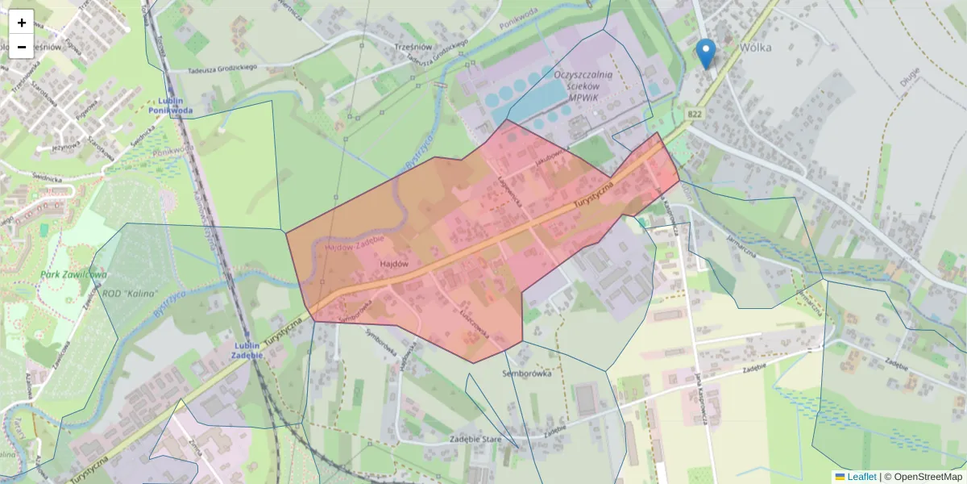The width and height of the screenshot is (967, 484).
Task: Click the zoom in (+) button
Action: [x=22, y=23]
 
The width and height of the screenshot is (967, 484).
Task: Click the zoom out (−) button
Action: [x=22, y=47]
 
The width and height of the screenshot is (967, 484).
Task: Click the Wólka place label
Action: [x=755, y=47]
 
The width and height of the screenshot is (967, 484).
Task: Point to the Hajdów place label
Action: [x=393, y=264]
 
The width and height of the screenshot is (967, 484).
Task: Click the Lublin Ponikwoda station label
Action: [x=170, y=106]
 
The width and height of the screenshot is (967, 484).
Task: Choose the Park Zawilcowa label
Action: [x=74, y=275]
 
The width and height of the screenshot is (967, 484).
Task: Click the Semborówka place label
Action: [x=526, y=373]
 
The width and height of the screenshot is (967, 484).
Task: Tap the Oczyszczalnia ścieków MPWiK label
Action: [x=584, y=85]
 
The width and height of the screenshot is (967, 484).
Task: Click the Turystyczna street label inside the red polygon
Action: [x=594, y=196]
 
